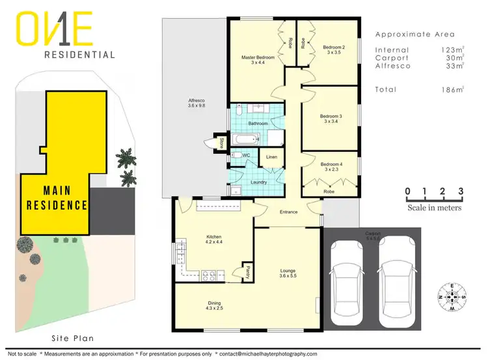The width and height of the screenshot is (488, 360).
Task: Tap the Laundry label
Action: [x=258, y=182]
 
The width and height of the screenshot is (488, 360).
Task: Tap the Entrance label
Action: [x=288, y=212]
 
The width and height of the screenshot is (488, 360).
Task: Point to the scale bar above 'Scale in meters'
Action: [x=434, y=197]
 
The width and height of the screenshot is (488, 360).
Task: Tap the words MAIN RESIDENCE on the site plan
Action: [x=57, y=198]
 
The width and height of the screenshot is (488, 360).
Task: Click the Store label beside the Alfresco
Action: [x=222, y=142]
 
